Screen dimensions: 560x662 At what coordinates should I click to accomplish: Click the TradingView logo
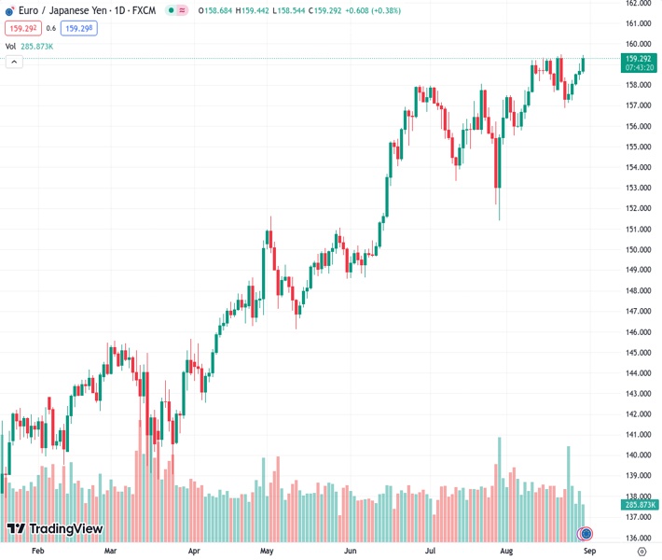tap(54, 529)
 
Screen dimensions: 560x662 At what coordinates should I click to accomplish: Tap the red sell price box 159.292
tap(22, 28)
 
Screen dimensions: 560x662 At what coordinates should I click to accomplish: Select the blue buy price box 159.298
tap(78, 28)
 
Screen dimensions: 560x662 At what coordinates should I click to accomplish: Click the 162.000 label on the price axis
tap(638, 3)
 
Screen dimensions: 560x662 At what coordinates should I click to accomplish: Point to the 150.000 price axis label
tap(638, 249)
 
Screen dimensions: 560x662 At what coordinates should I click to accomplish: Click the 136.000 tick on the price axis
tap(638, 538)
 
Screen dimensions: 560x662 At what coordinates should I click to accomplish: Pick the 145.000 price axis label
tap(638, 352)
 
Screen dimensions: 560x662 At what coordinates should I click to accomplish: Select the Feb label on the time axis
tap(38, 552)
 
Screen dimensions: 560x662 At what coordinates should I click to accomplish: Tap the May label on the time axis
tap(267, 552)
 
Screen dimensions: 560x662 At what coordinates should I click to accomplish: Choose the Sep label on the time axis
tap(589, 552)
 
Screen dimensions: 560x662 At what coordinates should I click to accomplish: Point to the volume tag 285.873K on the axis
tap(638, 504)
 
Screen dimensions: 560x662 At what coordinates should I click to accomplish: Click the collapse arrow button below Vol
tap(14, 62)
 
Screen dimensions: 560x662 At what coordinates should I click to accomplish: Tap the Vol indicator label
tap(10, 46)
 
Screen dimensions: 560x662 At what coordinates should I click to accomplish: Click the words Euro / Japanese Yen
tap(58, 10)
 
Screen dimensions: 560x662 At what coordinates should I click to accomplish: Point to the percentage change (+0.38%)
tap(376, 10)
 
